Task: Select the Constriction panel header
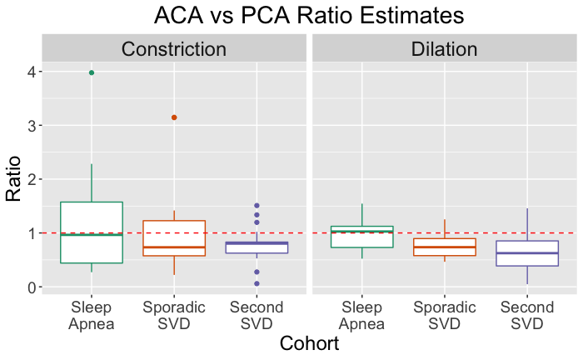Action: click(x=174, y=49)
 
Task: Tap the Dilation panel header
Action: click(x=444, y=49)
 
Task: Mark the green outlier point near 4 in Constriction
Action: click(x=92, y=72)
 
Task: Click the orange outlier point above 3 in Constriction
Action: click(x=174, y=117)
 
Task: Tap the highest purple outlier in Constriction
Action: click(x=257, y=205)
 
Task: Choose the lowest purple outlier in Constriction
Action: click(x=257, y=283)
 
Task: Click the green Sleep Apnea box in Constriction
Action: click(x=92, y=232)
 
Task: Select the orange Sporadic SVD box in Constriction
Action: click(x=174, y=238)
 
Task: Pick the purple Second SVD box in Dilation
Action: click(x=526, y=253)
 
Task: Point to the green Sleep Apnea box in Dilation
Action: click(x=361, y=237)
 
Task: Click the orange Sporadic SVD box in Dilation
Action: click(x=444, y=247)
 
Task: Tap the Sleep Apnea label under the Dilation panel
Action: click(x=361, y=315)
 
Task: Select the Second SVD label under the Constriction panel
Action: click(x=257, y=315)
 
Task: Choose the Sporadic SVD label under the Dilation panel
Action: click(x=444, y=315)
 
